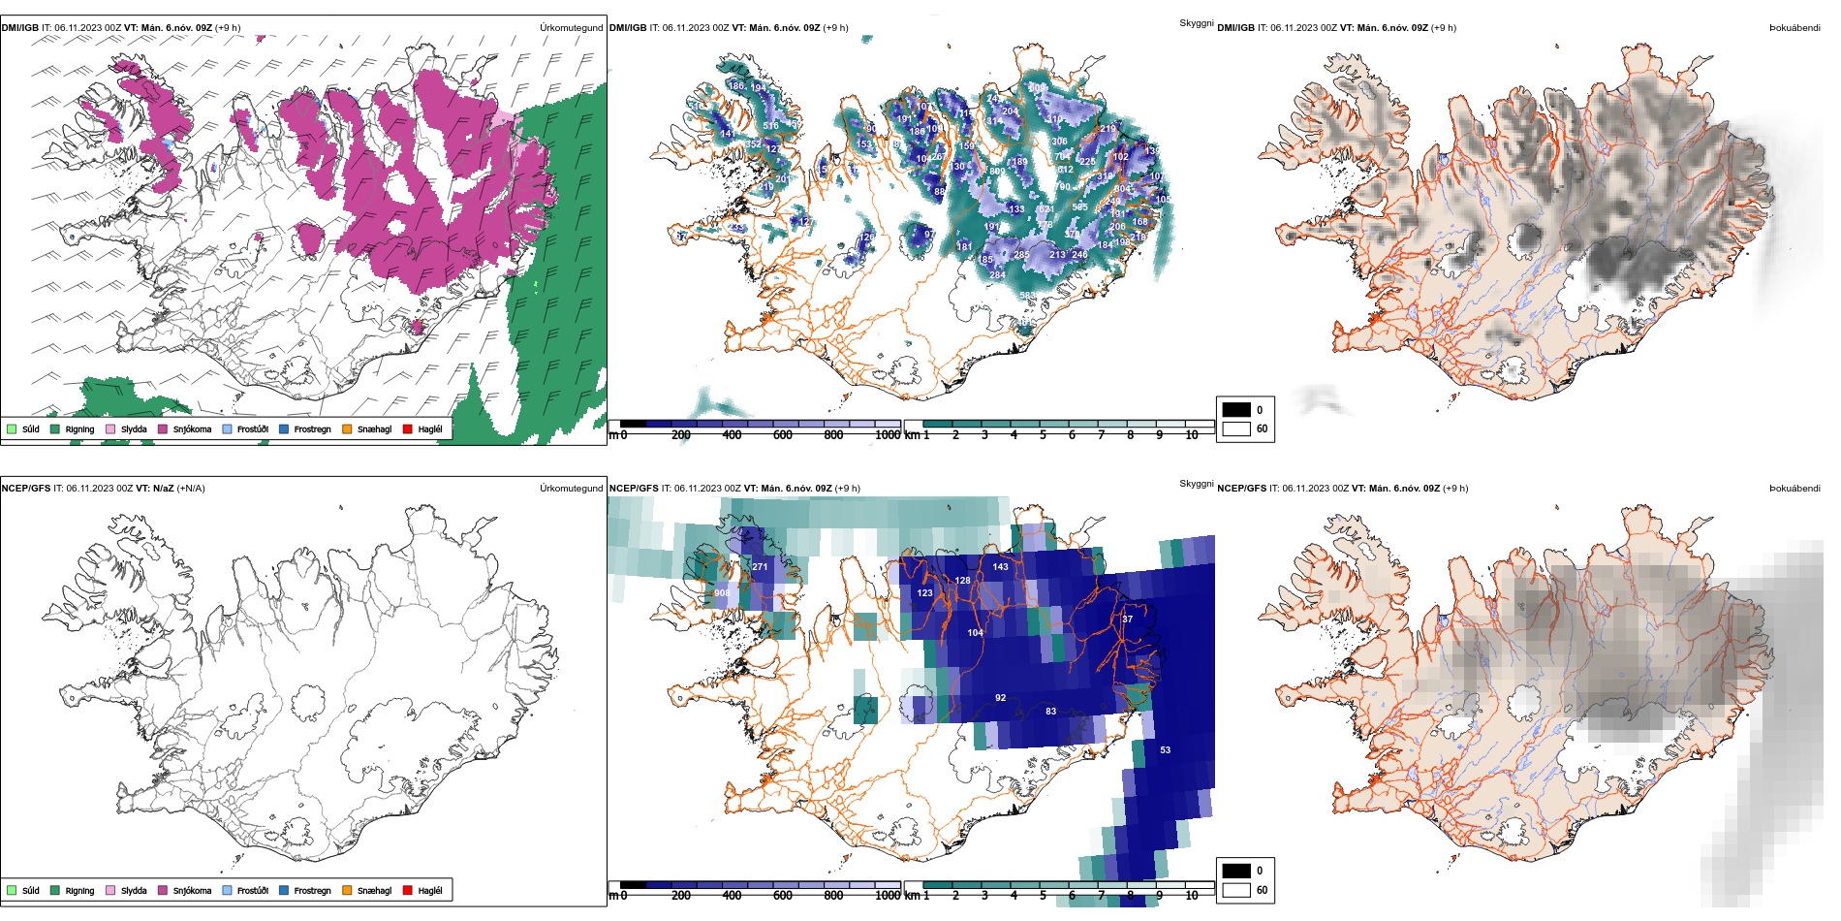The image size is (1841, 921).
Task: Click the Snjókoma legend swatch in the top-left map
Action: (x=163, y=429)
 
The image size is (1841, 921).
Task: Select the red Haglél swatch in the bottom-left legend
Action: (x=408, y=890)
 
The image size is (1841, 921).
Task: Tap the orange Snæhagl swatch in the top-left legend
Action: (x=347, y=429)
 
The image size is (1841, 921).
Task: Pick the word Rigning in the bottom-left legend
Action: (x=79, y=891)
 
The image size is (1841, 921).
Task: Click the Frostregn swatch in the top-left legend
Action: (x=284, y=429)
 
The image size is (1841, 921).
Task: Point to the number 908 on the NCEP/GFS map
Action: (x=722, y=593)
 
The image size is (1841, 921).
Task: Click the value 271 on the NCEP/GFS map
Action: (x=760, y=567)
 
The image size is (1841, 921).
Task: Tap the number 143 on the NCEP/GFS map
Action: (x=1000, y=567)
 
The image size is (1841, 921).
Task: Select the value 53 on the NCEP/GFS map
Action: (x=1165, y=749)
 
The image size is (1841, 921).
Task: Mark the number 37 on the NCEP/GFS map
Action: (x=1127, y=619)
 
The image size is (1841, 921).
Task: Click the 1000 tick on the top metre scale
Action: (x=888, y=435)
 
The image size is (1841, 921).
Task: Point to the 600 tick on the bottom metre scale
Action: (x=783, y=896)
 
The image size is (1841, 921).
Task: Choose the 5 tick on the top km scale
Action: (x=1043, y=435)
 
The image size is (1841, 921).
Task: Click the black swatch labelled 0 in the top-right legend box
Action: (x=1236, y=409)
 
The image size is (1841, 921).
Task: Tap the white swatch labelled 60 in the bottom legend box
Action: (x=1236, y=890)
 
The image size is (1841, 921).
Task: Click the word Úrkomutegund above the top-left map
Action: (x=571, y=28)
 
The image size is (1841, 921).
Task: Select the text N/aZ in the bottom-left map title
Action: (x=164, y=489)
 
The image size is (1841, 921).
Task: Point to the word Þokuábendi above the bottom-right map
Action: (x=1794, y=489)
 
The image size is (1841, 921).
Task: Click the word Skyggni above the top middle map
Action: (x=1196, y=23)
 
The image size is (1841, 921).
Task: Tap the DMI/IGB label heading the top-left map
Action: (x=20, y=28)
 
